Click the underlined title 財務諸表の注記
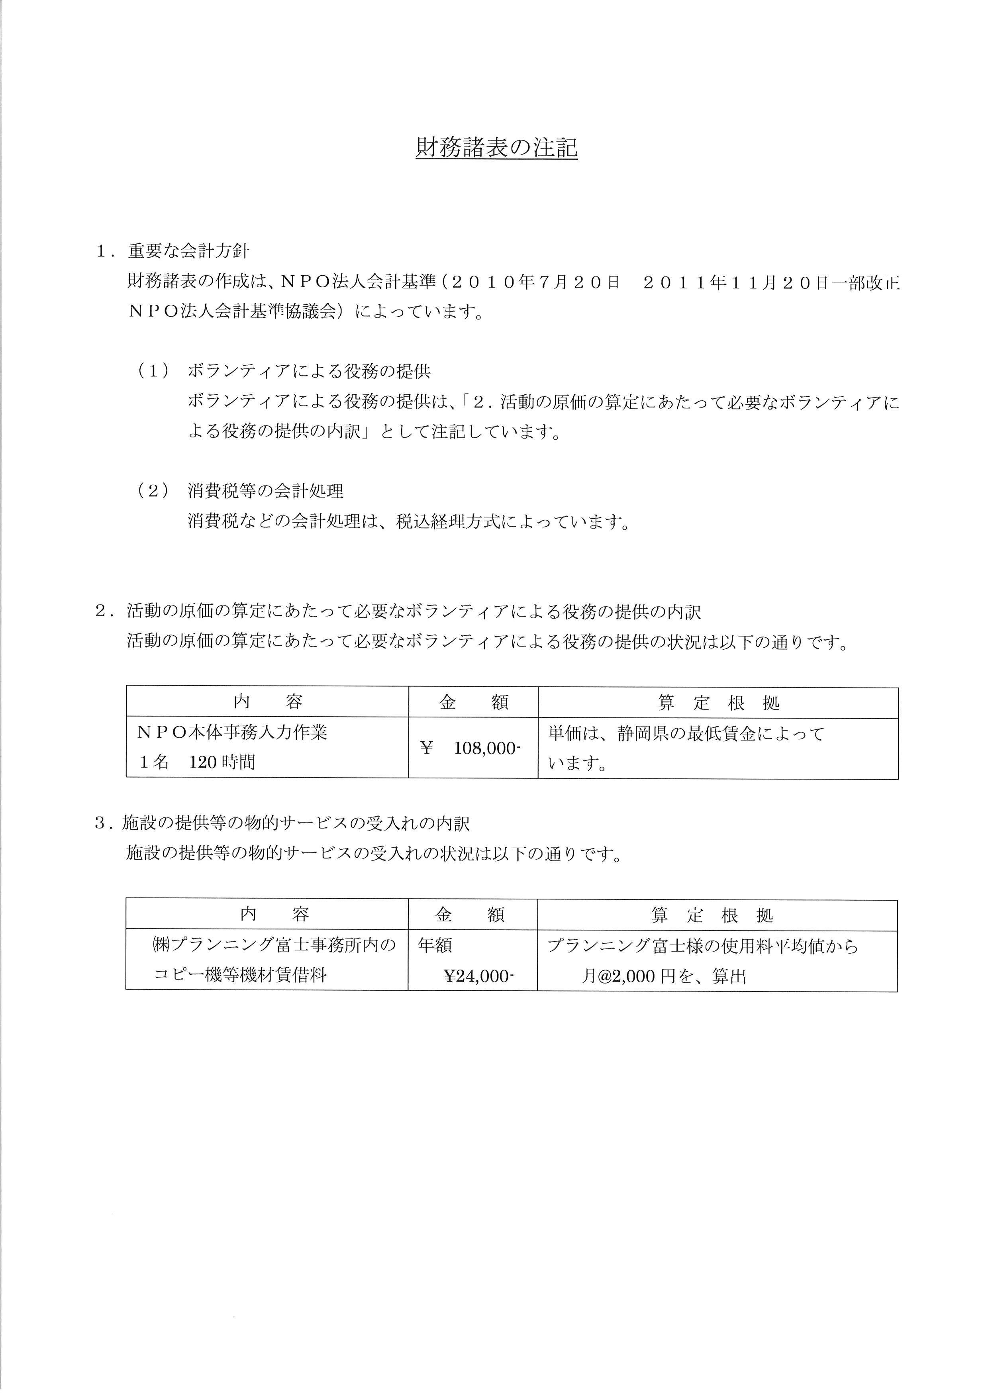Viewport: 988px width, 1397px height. pos(496,148)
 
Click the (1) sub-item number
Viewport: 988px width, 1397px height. pos(153,371)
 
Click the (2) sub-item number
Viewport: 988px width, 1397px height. pos(153,491)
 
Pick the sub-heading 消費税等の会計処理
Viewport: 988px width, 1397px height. pos(265,491)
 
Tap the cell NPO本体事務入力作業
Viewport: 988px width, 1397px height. pos(232,732)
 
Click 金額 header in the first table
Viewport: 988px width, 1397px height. pos(473,703)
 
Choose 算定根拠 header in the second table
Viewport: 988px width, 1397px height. pos(712,915)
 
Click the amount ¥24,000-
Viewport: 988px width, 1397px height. pos(479,977)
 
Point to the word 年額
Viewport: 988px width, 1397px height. pos(435,946)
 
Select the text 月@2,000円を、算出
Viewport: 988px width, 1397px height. pos(664,977)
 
